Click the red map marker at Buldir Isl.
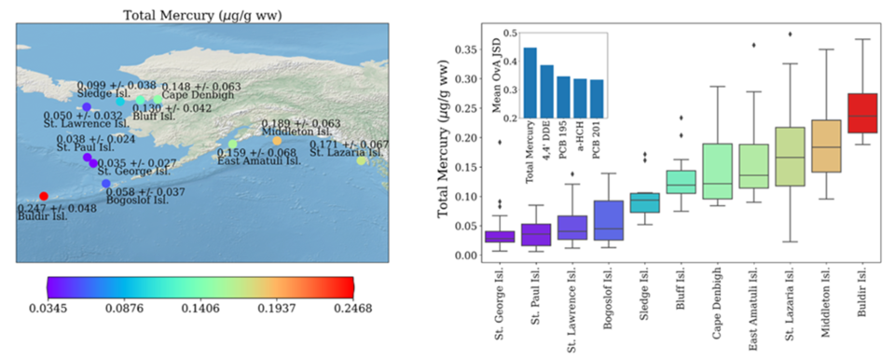[x=44, y=196]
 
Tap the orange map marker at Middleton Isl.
[x=277, y=141]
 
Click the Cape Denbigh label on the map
[x=198, y=95]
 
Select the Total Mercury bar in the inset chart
[x=530, y=82]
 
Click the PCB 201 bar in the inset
[x=597, y=98]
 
